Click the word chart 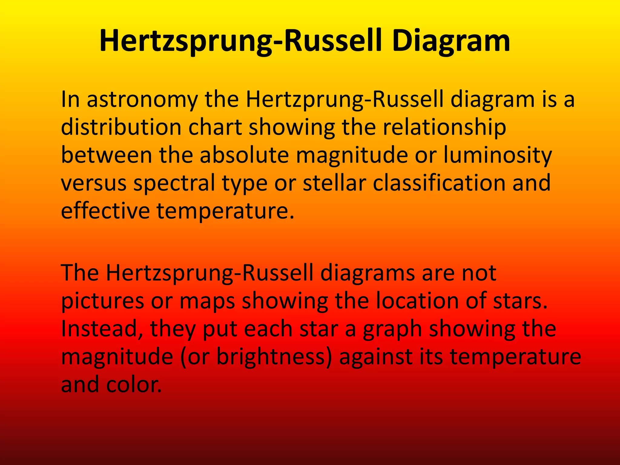pyautogui.click(x=215, y=127)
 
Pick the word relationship pyautogui.click(x=444, y=127)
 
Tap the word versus pyautogui.click(x=94, y=183)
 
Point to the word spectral pyautogui.click(x=174, y=183)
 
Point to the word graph pyautogui.click(x=392, y=329)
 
